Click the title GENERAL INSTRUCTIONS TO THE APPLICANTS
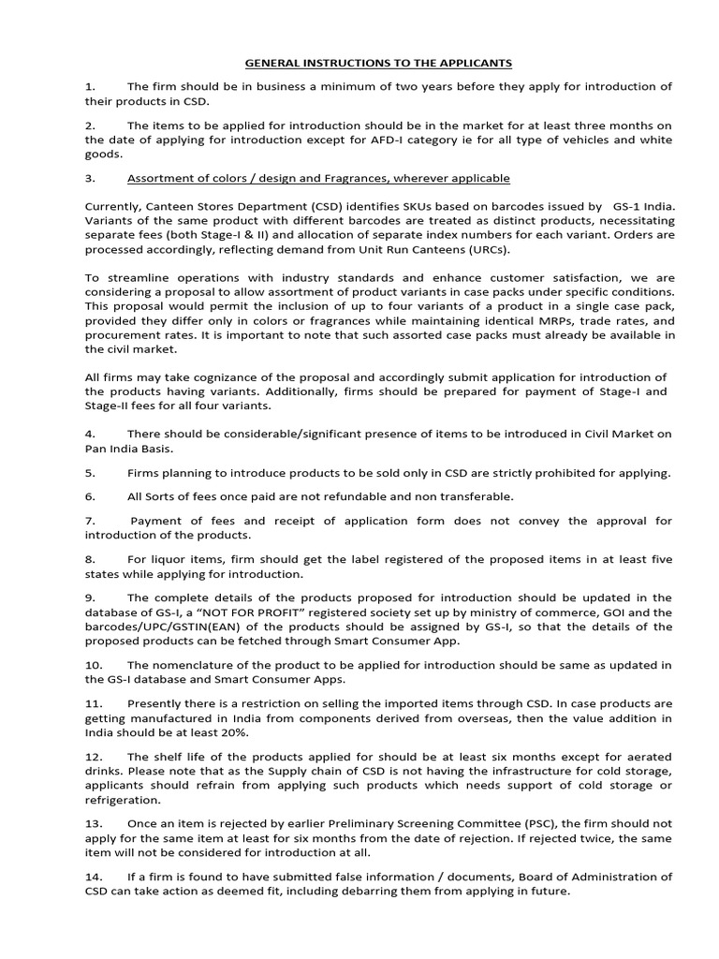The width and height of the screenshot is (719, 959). coord(379,63)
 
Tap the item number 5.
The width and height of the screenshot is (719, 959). coord(90,473)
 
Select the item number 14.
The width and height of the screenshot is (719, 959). coord(93,877)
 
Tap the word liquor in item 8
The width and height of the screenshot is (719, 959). coord(165,560)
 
